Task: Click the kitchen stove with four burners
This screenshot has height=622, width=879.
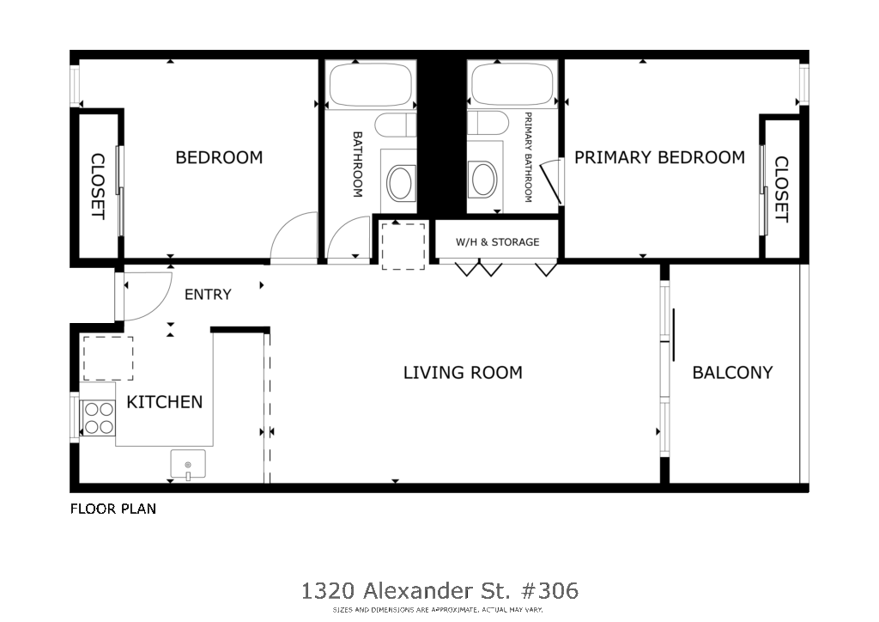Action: pyautogui.click(x=99, y=418)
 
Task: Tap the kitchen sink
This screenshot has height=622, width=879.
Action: pyautogui.click(x=188, y=464)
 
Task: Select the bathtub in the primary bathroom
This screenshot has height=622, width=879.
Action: pyautogui.click(x=512, y=85)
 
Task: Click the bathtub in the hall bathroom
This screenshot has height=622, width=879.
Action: pyautogui.click(x=370, y=85)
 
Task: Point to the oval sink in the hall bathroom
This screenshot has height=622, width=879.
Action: pyautogui.click(x=400, y=182)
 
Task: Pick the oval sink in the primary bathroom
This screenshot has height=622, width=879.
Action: pyautogui.click(x=484, y=180)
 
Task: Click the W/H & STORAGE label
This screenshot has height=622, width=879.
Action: pyautogui.click(x=497, y=242)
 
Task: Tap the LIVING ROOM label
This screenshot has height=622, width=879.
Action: pyautogui.click(x=463, y=372)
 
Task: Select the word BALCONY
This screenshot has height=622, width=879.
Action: pyautogui.click(x=733, y=372)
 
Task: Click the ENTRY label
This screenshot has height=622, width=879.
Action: pyautogui.click(x=208, y=295)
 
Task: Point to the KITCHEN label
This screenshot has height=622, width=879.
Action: pyautogui.click(x=164, y=402)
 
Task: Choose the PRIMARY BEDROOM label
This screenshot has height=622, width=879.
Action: pyautogui.click(x=660, y=157)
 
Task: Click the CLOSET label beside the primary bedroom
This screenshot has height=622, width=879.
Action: pyautogui.click(x=781, y=189)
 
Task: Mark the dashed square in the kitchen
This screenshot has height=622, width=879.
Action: pyautogui.click(x=108, y=358)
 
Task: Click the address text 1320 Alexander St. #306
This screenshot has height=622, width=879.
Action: pyautogui.click(x=440, y=590)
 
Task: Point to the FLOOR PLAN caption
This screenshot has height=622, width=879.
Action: pyautogui.click(x=113, y=509)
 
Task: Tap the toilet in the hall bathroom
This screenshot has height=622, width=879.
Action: pyautogui.click(x=395, y=125)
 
